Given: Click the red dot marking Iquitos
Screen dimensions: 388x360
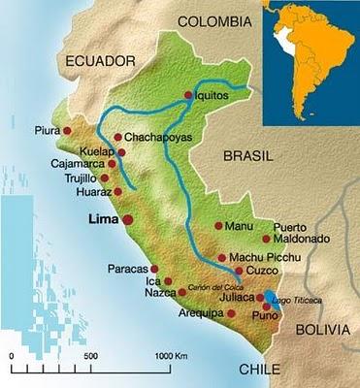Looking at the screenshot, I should (188, 95).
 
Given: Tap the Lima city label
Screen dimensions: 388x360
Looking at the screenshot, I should (102, 219).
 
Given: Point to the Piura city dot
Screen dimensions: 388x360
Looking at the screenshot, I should (67, 129).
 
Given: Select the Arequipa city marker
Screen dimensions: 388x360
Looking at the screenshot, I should (230, 313).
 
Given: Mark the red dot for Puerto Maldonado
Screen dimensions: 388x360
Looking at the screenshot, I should (266, 238).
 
